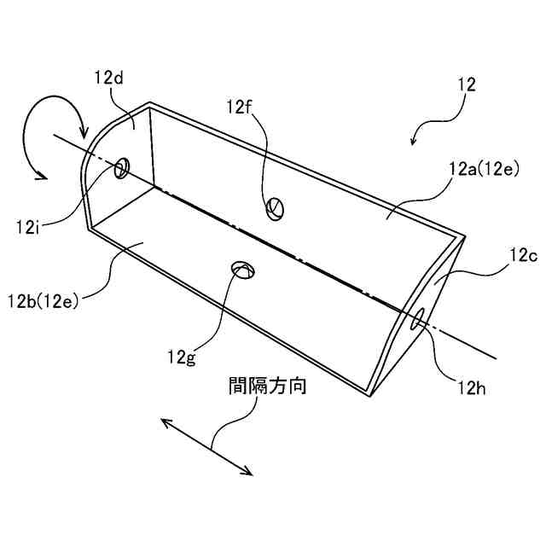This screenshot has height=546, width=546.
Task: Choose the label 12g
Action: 181,356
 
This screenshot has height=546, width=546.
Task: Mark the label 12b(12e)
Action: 44,299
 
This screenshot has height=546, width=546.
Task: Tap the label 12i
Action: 29,227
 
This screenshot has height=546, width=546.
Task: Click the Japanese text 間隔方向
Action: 267,386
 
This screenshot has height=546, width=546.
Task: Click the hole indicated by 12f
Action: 276,206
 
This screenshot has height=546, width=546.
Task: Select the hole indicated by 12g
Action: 242,270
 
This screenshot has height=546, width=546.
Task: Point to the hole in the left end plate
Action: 122,167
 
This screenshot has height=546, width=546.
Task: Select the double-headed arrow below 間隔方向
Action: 206,445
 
